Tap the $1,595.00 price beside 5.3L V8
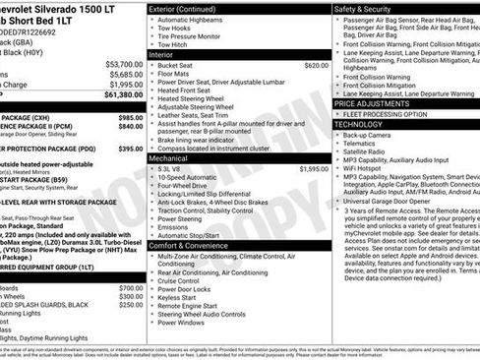313,168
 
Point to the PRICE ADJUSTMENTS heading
378,102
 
